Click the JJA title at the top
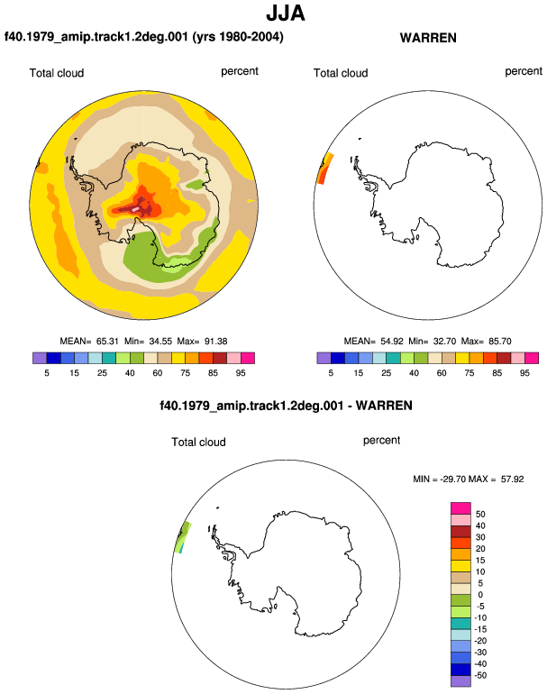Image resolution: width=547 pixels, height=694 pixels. point(286,14)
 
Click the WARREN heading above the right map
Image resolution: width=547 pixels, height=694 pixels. point(428,38)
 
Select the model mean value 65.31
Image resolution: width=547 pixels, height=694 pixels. point(107,342)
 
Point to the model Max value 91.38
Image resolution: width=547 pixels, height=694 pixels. point(216,342)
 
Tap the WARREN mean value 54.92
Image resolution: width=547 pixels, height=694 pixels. point(392,342)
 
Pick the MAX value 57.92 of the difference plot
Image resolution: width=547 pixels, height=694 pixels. point(513,479)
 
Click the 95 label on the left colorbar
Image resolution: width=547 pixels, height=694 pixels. point(241,373)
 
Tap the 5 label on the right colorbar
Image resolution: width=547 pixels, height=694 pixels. point(331,373)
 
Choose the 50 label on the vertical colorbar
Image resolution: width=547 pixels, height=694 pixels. point(480,515)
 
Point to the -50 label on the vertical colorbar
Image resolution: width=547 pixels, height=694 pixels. point(480,675)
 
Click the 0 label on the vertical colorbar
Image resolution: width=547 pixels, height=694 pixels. point(480,595)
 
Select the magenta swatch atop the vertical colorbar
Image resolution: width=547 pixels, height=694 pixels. point(460,508)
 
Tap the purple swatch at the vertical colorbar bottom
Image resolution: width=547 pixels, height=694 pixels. point(460,681)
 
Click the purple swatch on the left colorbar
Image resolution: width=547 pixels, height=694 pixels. point(40,358)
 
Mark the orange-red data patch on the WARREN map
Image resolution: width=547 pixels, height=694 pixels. point(324,169)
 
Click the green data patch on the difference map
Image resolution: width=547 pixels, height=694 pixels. point(184,537)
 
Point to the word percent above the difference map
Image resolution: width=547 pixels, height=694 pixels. point(381,441)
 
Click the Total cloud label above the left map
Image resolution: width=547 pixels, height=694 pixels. point(57,73)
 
